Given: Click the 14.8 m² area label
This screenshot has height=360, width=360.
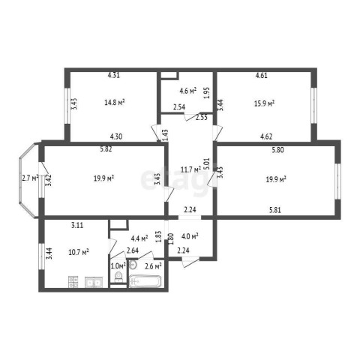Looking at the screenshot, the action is [x=115, y=102].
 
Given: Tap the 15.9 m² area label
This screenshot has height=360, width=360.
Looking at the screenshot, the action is [x=265, y=103].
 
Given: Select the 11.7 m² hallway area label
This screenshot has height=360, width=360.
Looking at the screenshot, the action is [x=190, y=169].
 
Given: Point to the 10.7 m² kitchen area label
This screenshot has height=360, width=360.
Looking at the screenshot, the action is [x=79, y=252].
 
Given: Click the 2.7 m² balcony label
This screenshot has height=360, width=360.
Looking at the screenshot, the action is [x=30, y=178].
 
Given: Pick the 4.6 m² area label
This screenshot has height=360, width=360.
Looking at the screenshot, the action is [x=188, y=91].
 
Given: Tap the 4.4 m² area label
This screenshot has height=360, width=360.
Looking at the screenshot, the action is [x=139, y=238].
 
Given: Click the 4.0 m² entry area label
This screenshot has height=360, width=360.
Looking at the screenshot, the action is [x=190, y=236].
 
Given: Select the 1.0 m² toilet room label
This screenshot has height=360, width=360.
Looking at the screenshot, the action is [x=118, y=265].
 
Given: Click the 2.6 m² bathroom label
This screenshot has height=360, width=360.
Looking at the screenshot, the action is [x=153, y=266].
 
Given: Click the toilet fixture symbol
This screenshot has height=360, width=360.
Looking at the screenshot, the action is [x=118, y=277].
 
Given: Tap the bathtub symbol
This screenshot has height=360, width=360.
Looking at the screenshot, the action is [x=145, y=281].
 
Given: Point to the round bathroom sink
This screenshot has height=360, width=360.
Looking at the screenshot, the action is [x=133, y=265].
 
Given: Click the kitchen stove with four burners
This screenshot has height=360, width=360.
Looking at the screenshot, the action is [x=73, y=282].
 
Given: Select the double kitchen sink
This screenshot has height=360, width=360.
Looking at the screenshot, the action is [x=94, y=282].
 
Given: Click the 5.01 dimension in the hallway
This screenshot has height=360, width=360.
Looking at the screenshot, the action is [x=207, y=163].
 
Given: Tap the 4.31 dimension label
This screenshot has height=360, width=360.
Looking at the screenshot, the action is [x=114, y=75].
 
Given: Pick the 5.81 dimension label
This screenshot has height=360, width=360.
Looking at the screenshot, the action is [x=275, y=210].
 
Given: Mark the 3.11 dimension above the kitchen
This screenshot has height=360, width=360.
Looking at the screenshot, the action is [x=77, y=225].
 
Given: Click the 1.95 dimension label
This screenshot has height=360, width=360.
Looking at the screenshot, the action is [x=207, y=93].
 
